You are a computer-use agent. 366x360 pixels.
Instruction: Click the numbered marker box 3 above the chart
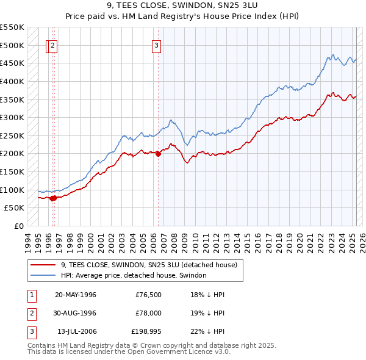(157, 45)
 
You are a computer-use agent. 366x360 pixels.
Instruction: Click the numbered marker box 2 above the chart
(53, 45)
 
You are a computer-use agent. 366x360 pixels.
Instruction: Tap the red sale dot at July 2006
(158, 154)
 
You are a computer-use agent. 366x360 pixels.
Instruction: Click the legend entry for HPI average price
(134, 276)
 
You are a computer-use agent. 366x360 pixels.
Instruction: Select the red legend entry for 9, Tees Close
(152, 265)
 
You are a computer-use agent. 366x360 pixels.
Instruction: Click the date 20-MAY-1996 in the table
(76, 295)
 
